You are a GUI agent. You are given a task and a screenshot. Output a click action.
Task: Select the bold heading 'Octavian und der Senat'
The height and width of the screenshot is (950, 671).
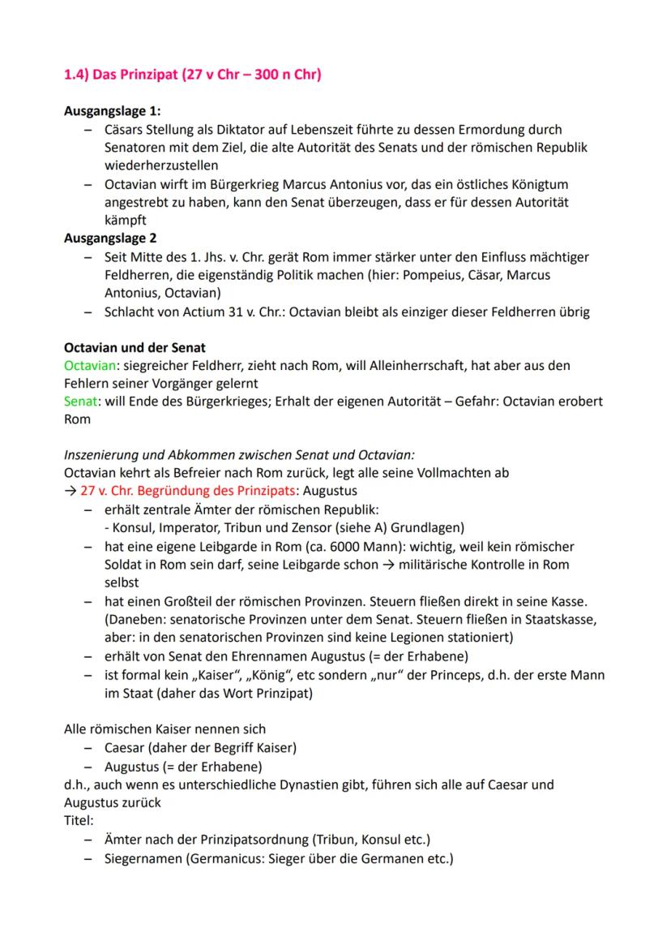pyautogui.click(x=135, y=347)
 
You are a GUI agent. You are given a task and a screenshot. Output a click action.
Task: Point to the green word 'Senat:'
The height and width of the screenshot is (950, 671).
pyautogui.click(x=81, y=402)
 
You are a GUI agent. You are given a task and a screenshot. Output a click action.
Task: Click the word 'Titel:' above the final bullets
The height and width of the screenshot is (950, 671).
pyautogui.click(x=79, y=820)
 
